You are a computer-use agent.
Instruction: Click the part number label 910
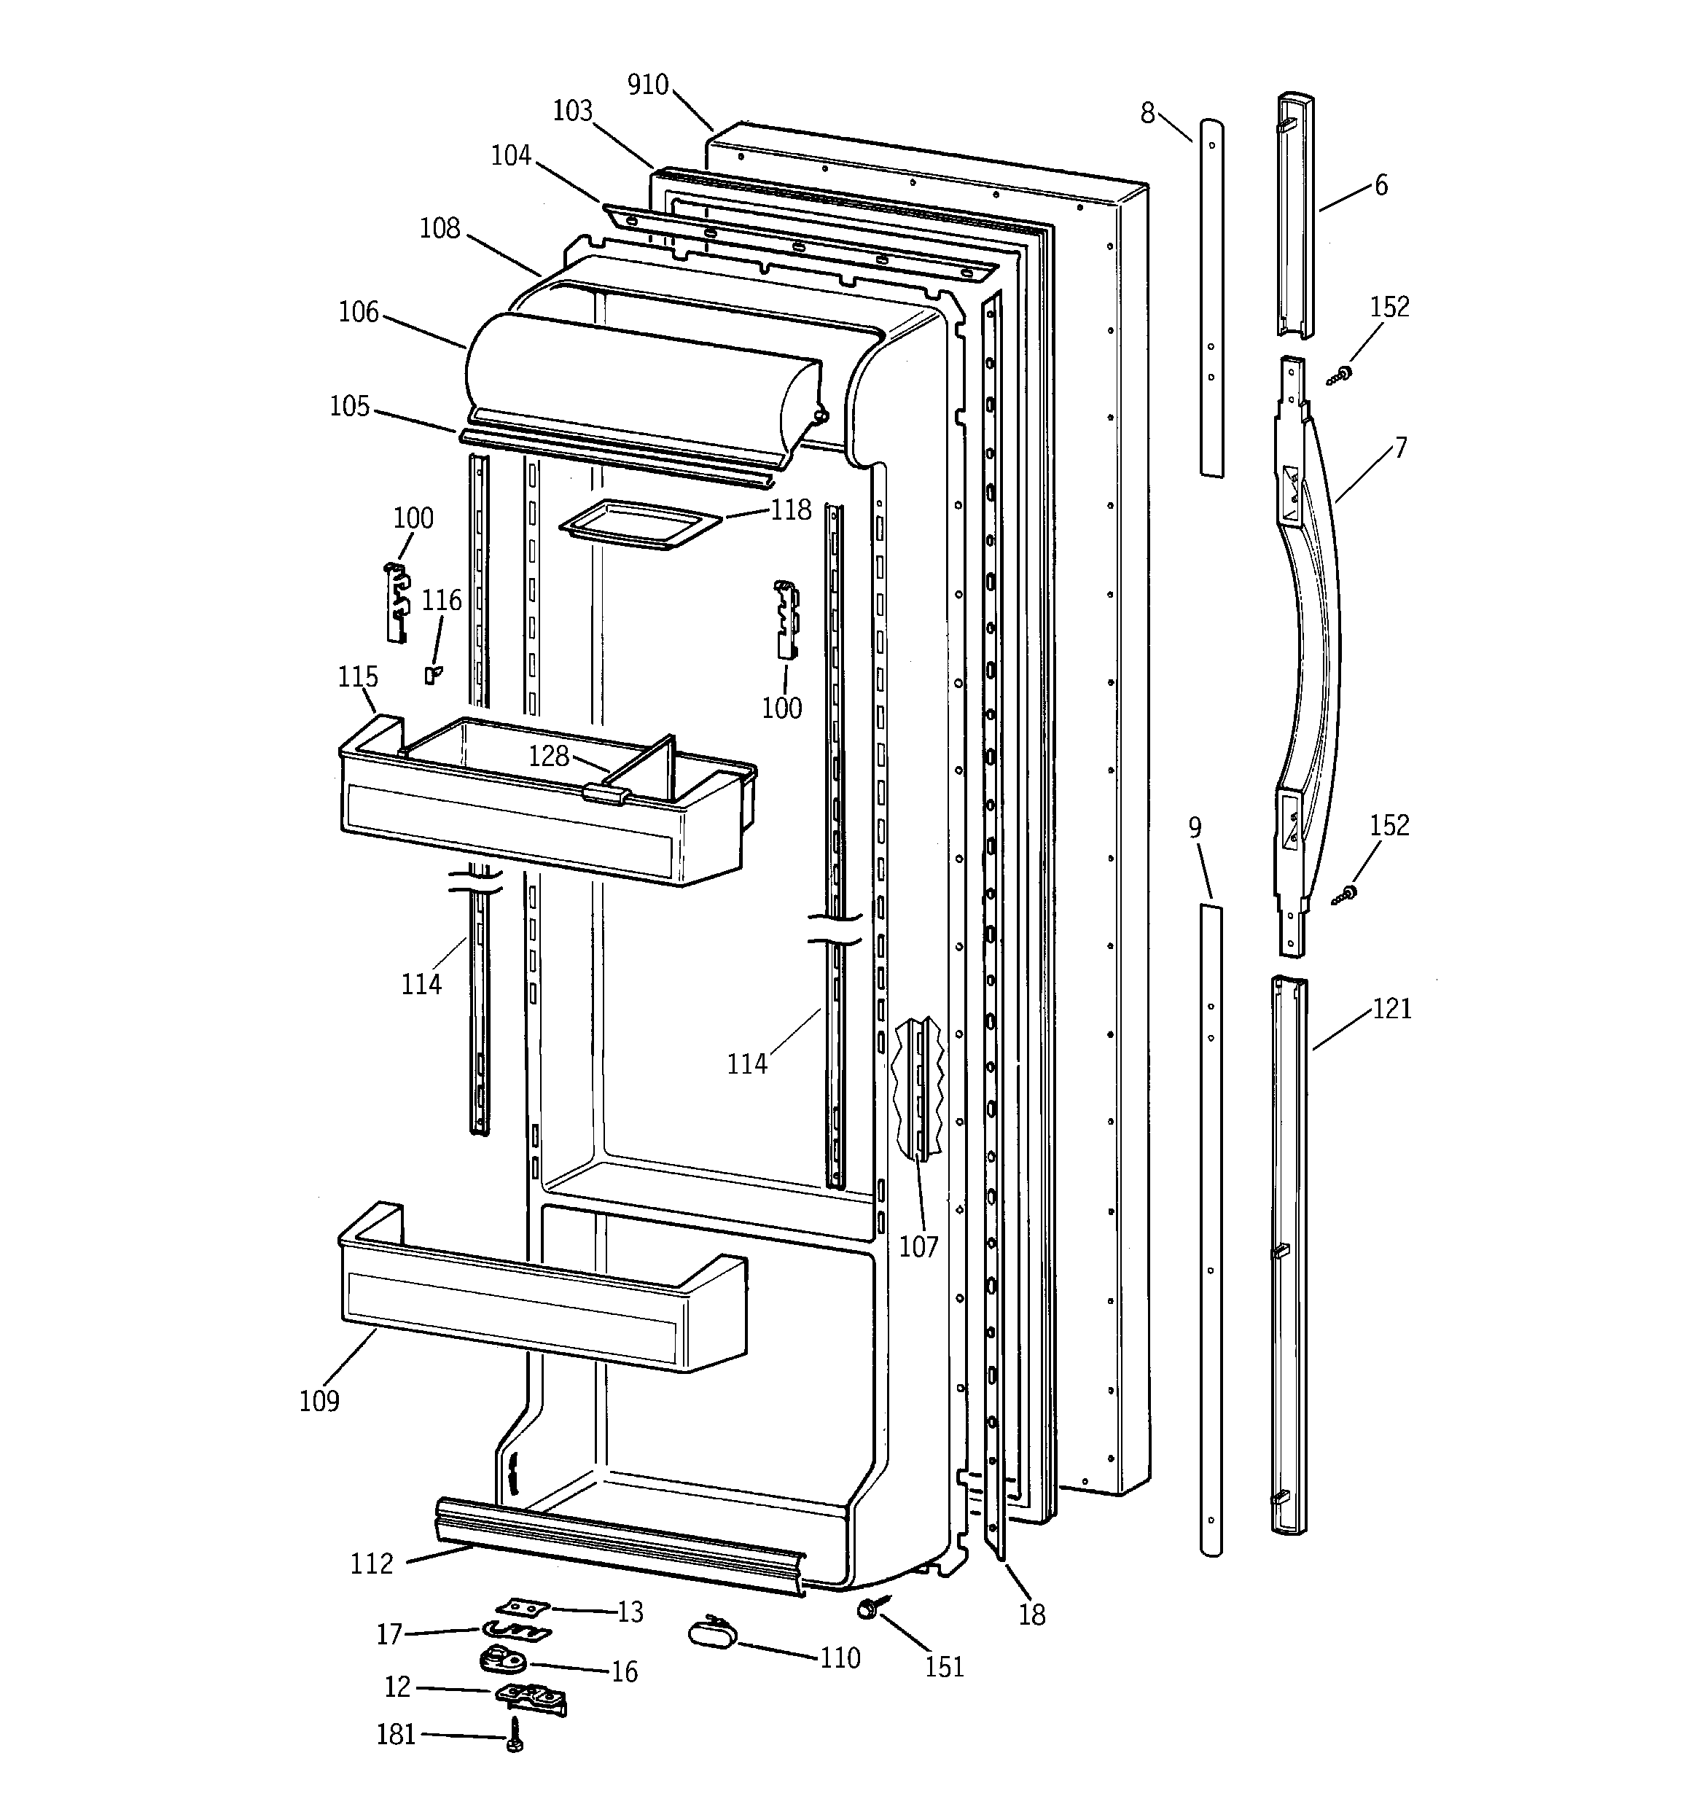647,85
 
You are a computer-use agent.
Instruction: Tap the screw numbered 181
514,1733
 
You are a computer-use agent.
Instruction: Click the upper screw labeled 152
1340,374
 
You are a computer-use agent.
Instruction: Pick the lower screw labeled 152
1346,895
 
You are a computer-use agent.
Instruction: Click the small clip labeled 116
434,673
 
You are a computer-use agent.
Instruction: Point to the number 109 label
319,1400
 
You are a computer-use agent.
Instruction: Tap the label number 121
1391,1008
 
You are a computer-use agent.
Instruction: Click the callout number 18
1032,1614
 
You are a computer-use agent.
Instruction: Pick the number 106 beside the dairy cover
359,312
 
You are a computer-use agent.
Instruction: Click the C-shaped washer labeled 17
515,1631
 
